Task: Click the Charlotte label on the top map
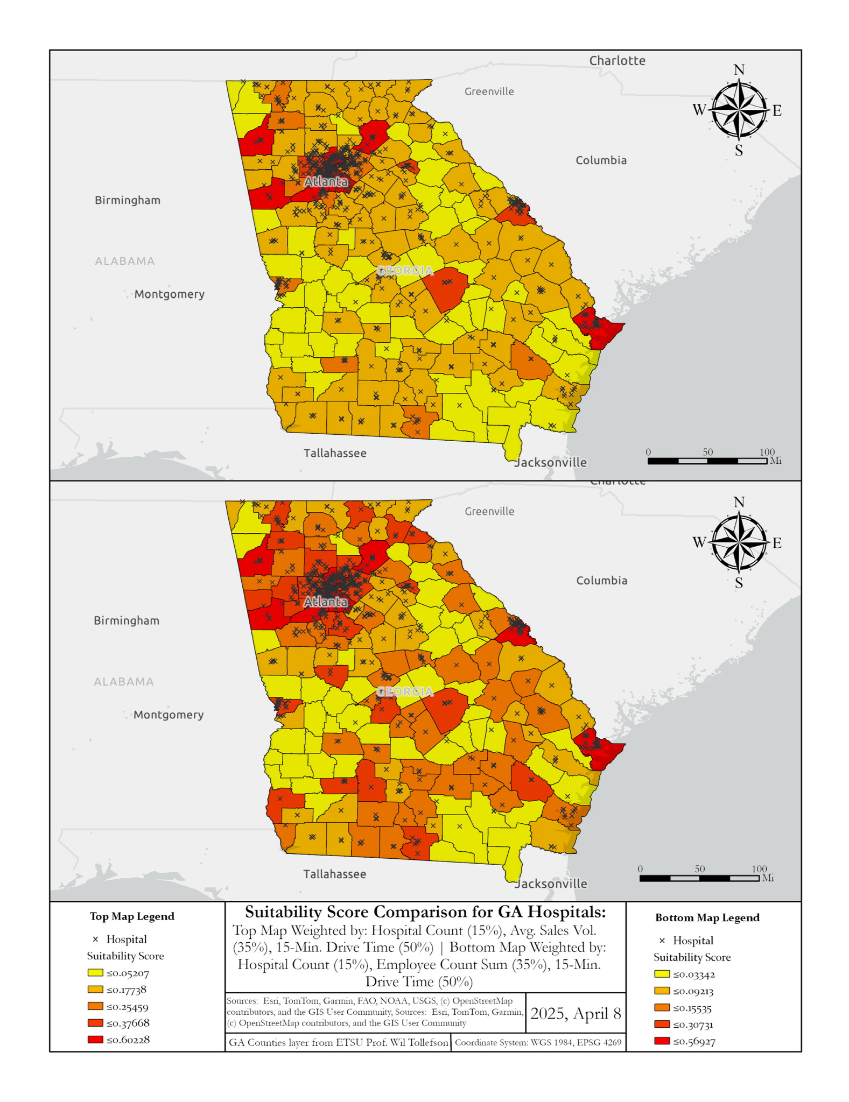617,60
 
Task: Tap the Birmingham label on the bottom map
127,620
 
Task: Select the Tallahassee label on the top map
335,453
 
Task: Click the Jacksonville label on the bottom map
551,884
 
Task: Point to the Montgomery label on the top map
169,294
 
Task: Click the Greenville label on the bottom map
489,511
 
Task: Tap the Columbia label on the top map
601,160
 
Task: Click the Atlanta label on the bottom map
326,602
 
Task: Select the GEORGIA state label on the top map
405,271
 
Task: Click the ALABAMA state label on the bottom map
124,682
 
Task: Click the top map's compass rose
739,110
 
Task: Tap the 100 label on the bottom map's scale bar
759,869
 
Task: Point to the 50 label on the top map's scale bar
707,452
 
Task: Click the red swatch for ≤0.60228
95,1040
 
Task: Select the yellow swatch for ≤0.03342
662,974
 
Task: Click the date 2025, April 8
576,1014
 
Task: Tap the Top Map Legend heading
132,916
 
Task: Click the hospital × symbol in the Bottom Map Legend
662,941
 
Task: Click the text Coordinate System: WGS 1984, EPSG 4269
538,1042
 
